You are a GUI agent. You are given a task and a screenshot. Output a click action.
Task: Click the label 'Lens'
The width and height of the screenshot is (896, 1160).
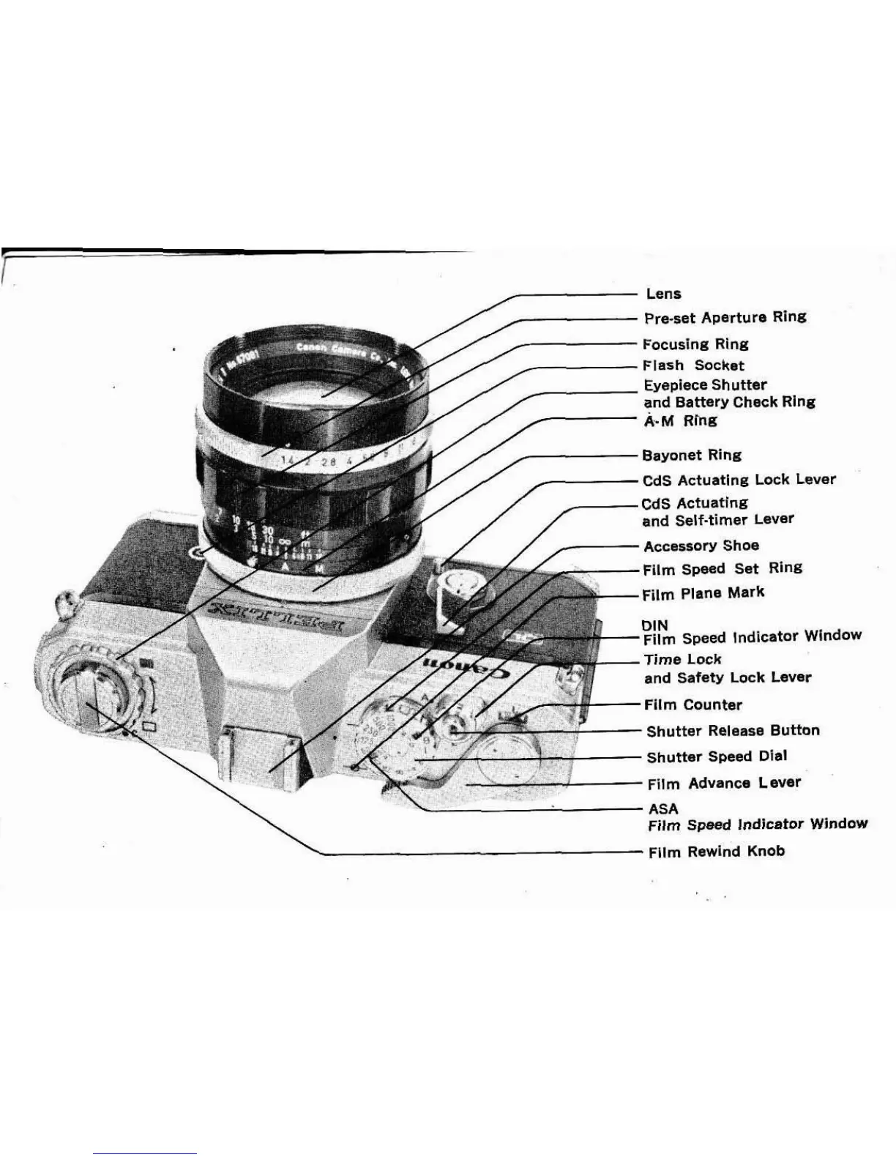663,294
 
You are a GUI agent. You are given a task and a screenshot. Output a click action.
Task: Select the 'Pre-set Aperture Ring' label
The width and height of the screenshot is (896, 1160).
725,317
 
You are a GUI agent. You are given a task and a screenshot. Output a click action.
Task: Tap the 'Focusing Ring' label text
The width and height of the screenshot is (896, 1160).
695,343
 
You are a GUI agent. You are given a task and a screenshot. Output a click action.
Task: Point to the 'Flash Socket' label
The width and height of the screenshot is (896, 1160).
692,365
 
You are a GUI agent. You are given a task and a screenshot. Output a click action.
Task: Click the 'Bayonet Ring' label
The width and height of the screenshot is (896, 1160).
691,455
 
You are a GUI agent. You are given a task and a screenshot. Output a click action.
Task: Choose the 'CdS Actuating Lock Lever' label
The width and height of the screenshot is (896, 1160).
739,480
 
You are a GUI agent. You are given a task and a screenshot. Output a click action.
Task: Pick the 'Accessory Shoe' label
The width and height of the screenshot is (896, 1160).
701,546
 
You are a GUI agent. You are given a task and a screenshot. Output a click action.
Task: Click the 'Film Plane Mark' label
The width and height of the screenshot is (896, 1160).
703,593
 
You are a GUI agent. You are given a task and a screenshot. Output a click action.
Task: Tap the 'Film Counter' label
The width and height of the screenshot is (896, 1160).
692,704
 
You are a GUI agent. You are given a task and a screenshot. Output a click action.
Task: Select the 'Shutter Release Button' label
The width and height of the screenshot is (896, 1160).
733,730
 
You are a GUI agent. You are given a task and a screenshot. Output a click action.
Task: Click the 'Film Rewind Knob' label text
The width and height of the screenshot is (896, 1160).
716,851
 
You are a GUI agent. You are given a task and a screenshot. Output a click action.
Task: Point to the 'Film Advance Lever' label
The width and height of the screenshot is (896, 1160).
724,783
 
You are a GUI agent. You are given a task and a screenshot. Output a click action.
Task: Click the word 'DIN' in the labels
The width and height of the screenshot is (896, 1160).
654,625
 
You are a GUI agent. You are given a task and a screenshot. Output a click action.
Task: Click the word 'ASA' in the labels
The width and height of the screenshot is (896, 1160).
663,808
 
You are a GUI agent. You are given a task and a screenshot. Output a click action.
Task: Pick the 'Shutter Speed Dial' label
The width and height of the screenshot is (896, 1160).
717,756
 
